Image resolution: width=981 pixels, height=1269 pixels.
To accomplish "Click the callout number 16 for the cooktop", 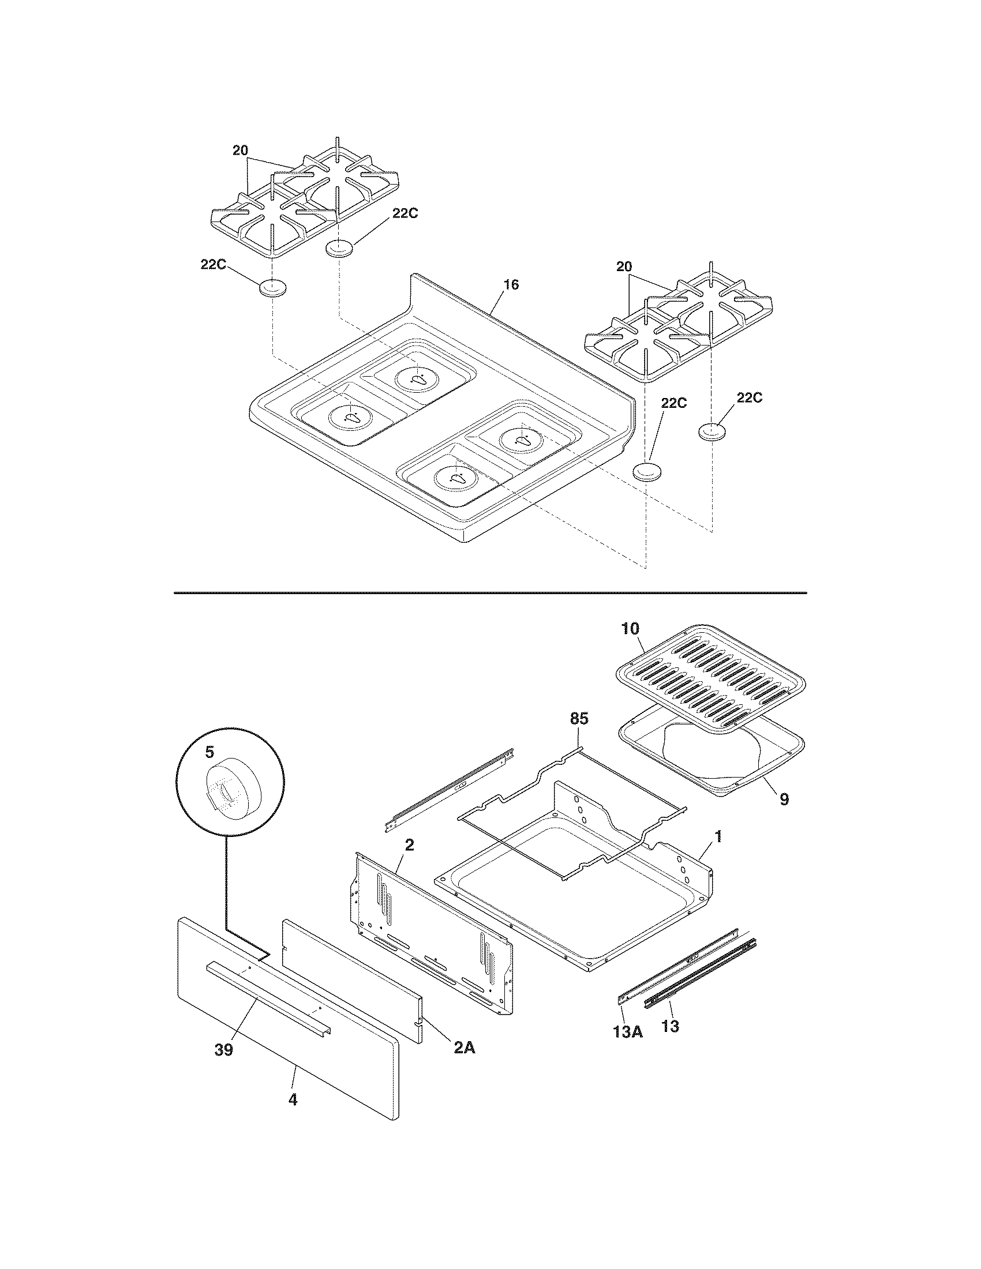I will click(511, 285).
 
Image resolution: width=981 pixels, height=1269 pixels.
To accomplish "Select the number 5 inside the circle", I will click(209, 753).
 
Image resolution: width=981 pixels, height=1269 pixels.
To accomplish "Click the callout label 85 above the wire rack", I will click(578, 719).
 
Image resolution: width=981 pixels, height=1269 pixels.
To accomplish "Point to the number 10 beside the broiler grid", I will click(630, 628).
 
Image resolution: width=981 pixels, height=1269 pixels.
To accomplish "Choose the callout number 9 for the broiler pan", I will click(784, 799).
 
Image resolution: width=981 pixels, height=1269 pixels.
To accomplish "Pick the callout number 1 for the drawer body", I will click(718, 837).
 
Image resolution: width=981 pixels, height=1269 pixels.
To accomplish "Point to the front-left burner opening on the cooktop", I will click(349, 416).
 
